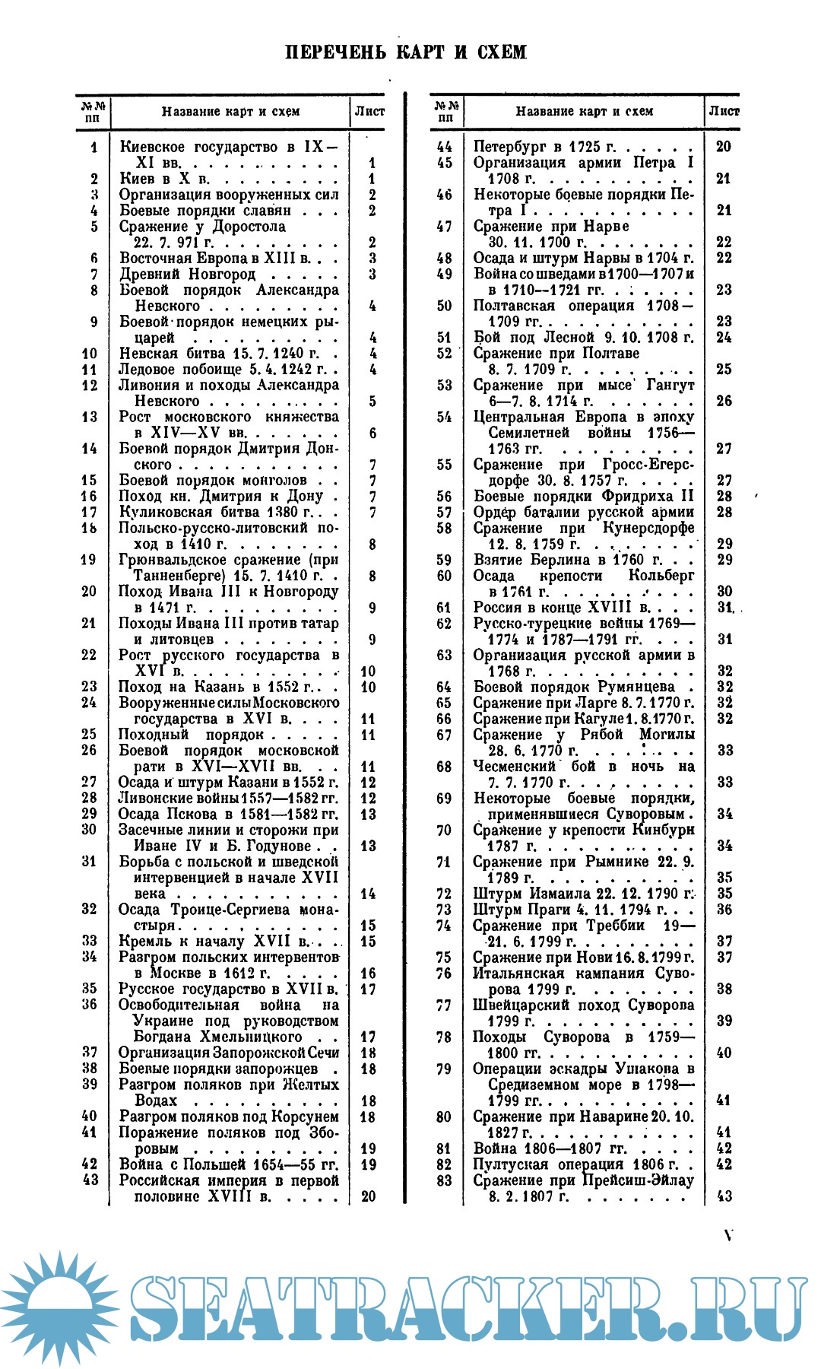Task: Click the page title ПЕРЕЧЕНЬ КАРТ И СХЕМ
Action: [405, 52]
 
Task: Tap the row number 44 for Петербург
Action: [445, 147]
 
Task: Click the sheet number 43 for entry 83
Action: [724, 1196]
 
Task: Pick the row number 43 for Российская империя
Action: [90, 1180]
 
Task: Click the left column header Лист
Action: [369, 111]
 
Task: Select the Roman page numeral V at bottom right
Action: [728, 1235]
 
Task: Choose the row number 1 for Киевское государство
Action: [94, 147]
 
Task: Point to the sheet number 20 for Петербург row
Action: [724, 147]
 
